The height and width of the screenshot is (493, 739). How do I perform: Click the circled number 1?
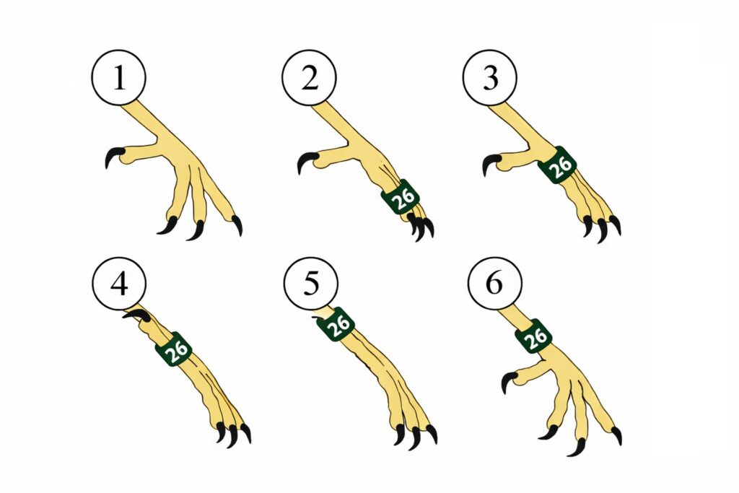(119, 77)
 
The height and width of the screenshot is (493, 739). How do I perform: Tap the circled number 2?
(309, 77)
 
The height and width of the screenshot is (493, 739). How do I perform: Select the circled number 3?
(490, 77)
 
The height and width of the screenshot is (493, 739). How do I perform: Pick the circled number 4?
(119, 284)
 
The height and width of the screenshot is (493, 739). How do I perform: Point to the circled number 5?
(310, 284)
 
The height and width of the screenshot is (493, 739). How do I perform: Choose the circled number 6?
(494, 284)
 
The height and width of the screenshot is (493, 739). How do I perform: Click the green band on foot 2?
(401, 197)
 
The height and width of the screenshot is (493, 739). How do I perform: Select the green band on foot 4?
(175, 349)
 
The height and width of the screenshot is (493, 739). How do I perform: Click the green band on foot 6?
(534, 336)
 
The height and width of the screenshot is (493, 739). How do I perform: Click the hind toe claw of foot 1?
(113, 157)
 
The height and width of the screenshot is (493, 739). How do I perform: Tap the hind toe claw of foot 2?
(306, 161)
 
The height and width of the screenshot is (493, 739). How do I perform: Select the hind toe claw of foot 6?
(509, 380)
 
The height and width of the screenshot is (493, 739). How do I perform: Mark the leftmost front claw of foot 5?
(400, 434)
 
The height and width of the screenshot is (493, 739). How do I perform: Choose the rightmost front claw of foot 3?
(615, 224)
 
